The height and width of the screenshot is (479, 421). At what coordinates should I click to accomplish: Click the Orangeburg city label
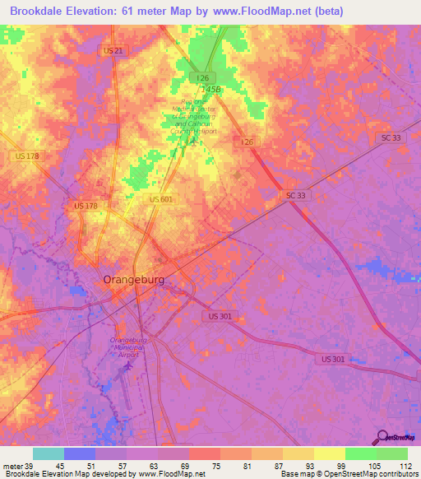133,280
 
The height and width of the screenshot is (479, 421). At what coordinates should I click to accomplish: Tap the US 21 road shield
114,51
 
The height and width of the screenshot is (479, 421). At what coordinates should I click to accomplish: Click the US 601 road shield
161,199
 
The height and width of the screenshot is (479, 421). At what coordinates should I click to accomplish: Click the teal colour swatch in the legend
49,453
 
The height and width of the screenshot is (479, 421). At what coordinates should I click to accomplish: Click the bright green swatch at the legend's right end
392,453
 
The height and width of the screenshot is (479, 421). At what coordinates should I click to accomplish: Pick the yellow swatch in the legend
330,453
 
